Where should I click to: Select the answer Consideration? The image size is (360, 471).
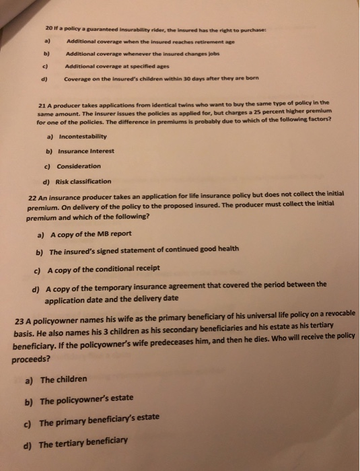pyautogui.click(x=79, y=166)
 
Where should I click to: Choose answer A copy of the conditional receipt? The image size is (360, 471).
pyautogui.click(x=105, y=268)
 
